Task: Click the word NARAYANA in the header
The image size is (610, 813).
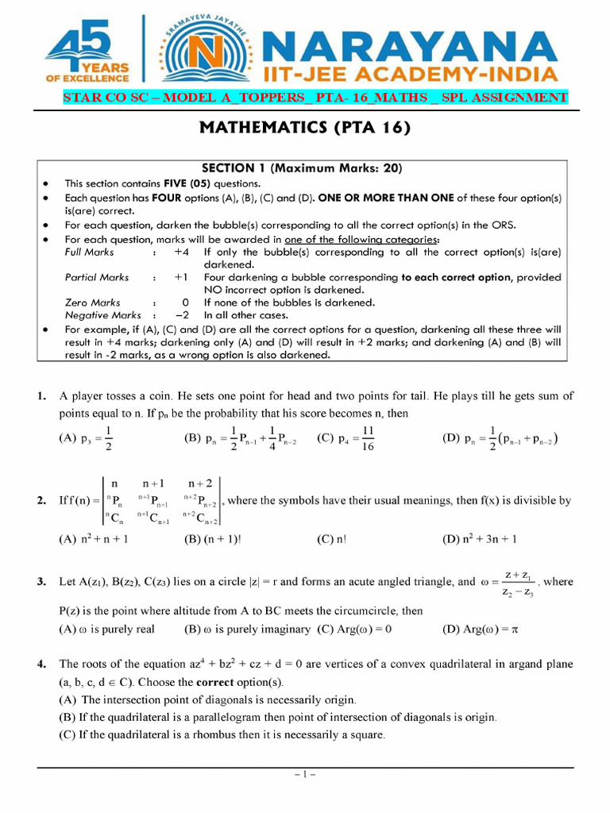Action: [408, 40]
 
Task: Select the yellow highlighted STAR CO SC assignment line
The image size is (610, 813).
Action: [315, 98]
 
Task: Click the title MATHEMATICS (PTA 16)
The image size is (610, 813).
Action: [304, 128]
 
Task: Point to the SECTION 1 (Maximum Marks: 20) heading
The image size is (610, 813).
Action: [302, 168]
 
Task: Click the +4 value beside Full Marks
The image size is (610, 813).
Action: [181, 252]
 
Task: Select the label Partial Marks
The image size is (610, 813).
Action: [97, 277]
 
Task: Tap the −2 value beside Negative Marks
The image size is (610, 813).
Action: [181, 315]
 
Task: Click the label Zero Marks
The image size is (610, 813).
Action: [92, 302]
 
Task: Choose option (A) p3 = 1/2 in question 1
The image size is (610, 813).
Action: [87, 439]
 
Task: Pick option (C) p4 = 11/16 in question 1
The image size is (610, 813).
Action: [346, 439]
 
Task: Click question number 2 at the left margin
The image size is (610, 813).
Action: [41, 501]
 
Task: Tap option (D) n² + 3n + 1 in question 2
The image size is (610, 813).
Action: [479, 538]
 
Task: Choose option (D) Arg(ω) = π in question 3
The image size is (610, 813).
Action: [480, 630]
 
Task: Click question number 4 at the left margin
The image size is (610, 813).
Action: [41, 664]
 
